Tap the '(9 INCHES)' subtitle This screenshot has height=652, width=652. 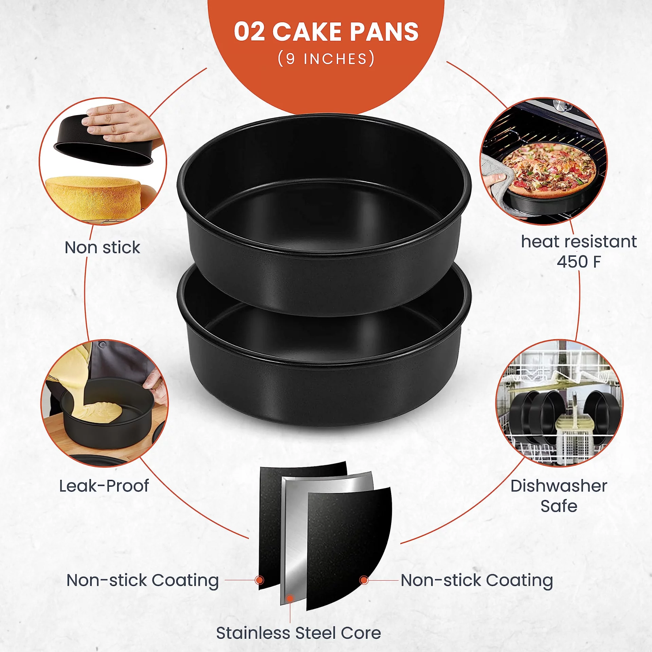click(x=326, y=59)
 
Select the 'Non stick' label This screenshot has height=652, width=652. click(x=102, y=247)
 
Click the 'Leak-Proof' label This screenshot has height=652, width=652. click(x=104, y=486)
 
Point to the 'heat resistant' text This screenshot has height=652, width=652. click(x=579, y=241)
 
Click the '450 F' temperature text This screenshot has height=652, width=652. click(x=579, y=261)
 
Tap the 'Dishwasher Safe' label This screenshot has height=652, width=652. click(x=559, y=496)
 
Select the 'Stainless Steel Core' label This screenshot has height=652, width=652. click(x=298, y=633)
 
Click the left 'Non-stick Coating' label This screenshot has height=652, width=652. click(x=143, y=581)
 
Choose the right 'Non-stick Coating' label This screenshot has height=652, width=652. click(x=477, y=581)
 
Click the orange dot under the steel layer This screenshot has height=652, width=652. click(x=290, y=598)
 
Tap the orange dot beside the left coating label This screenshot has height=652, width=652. click(x=259, y=580)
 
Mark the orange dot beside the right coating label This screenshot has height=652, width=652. click(x=364, y=580)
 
